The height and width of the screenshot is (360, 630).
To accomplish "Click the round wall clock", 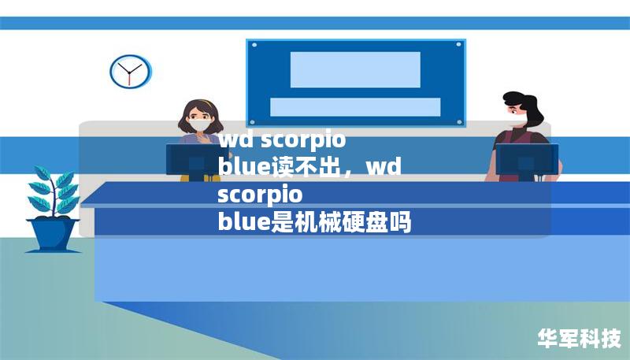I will pyautogui.click(x=129, y=72).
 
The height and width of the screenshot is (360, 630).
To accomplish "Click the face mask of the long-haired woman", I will pyautogui.click(x=198, y=124).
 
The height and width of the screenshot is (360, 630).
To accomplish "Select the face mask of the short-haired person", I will pyautogui.click(x=517, y=120).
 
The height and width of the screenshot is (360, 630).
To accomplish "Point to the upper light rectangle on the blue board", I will pyautogui.click(x=355, y=69).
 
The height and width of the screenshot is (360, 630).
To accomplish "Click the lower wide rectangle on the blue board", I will pyautogui.click(x=355, y=107).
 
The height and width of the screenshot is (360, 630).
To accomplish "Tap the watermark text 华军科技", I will pyautogui.click(x=579, y=339).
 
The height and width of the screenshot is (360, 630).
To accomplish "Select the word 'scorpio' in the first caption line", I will pyautogui.click(x=303, y=141).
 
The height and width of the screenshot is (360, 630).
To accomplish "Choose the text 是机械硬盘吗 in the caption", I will pyautogui.click(x=341, y=223).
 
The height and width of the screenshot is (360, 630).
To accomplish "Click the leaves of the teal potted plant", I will pyautogui.click(x=52, y=189).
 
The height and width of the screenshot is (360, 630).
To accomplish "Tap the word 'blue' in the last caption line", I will pyautogui.click(x=243, y=223).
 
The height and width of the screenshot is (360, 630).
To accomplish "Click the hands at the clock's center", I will pyautogui.click(x=129, y=72).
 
